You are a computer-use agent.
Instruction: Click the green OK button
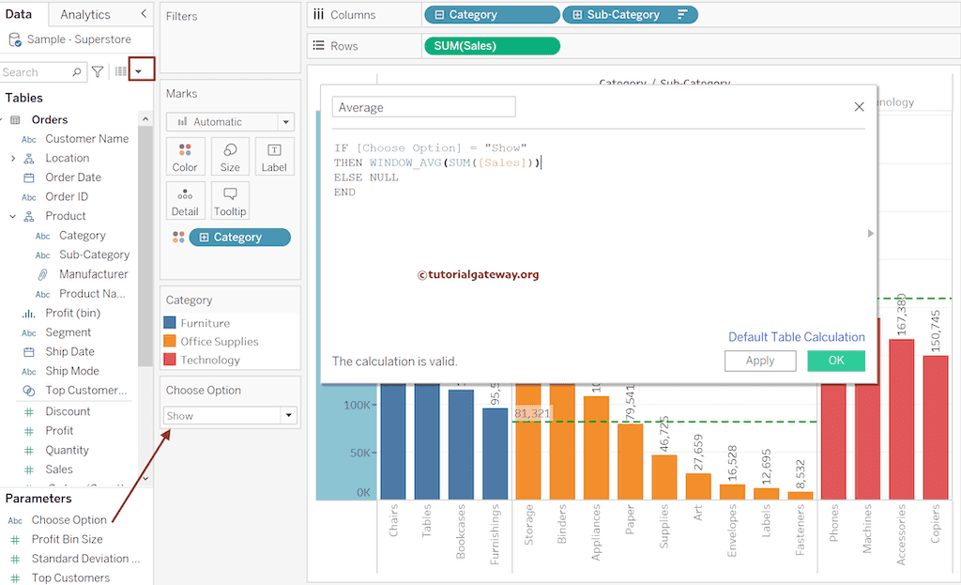[835, 361]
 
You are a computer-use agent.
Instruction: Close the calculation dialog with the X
[859, 107]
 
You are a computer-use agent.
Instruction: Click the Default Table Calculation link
[796, 337]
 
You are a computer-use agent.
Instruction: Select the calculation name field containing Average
[423, 108]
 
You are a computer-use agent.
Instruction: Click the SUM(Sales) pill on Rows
[491, 46]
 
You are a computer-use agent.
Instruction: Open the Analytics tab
[84, 15]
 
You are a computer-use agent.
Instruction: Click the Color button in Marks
[185, 157]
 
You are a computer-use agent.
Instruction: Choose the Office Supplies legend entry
[219, 342]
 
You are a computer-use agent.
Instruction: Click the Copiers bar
[935, 427]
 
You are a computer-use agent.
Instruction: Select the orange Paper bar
[630, 461]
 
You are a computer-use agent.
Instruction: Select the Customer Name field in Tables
[87, 139]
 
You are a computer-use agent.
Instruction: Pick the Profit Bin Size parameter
[68, 540]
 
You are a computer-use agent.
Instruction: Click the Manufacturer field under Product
[93, 274]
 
